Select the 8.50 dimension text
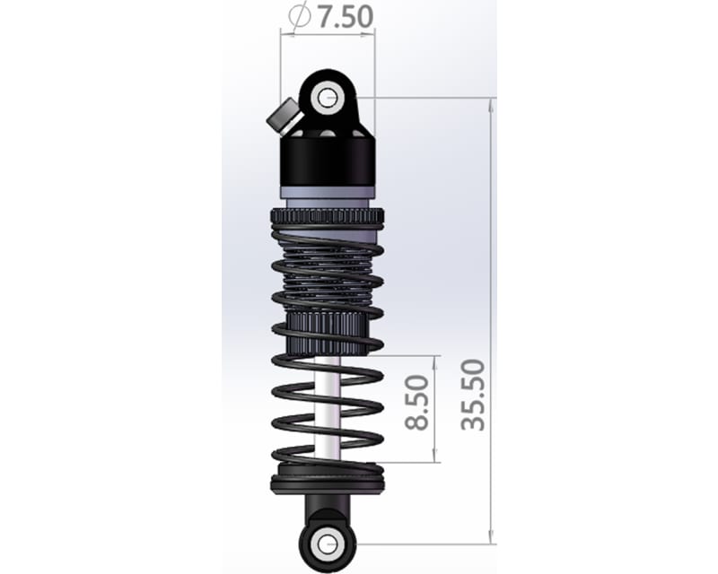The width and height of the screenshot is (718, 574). pos(417,409)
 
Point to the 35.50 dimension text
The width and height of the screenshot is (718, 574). pos(473,395)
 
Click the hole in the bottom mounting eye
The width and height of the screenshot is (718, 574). pos(328,542)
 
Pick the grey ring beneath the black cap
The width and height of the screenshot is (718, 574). pos(327,192)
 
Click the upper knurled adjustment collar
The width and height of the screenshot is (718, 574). pos(327,217)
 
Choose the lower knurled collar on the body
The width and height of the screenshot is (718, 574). pos(327,327)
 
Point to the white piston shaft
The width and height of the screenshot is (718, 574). pos(329,404)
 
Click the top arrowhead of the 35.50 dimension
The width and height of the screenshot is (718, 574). pos(491,102)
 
